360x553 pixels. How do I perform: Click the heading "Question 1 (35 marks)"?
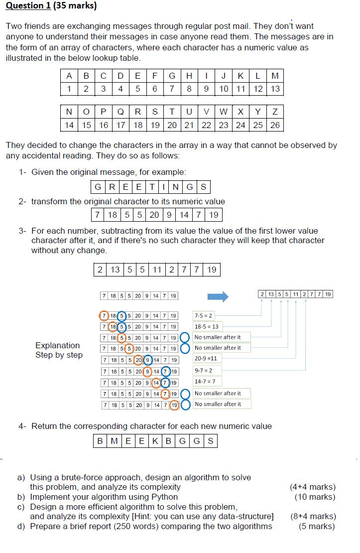tap(51, 6)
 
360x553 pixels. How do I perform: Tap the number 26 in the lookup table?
tap(275, 125)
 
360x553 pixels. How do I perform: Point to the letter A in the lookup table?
tap(69, 76)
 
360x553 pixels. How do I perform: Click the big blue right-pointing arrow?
tap(218, 297)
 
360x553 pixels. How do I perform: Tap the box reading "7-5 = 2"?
tap(204, 316)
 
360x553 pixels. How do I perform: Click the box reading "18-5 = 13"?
tap(206, 327)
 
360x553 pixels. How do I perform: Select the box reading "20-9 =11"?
tap(206, 358)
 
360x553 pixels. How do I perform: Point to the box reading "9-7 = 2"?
tap(204, 370)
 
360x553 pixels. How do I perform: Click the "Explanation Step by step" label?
tap(58, 350)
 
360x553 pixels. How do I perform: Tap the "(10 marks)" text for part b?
tap(315, 497)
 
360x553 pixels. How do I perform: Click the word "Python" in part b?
tap(163, 497)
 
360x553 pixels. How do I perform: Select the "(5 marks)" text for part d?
tap(317, 526)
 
